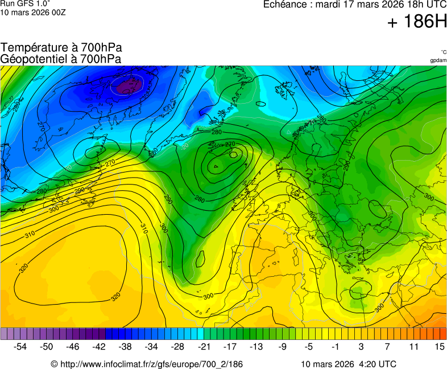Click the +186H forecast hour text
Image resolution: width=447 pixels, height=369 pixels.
click(416, 22)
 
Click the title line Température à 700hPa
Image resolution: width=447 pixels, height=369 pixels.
click(61, 48)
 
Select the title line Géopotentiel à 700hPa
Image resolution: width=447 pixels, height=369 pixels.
click(61, 59)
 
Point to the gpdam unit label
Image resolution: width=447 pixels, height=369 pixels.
click(438, 60)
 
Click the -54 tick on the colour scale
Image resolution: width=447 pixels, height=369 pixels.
click(20, 346)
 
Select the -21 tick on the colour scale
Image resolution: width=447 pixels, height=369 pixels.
click(204, 346)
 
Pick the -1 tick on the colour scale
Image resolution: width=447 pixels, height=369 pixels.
click(335, 346)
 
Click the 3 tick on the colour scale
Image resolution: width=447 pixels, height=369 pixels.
click(361, 346)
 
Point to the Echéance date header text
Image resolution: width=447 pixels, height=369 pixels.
click(355, 5)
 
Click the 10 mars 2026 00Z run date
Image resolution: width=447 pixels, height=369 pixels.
click(33, 13)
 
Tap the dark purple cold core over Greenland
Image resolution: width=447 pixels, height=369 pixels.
click(128, 86)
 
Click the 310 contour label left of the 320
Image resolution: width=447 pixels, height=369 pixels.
click(30, 235)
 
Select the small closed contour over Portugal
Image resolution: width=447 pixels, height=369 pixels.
click(200, 260)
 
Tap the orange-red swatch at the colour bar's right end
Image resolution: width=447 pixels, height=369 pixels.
click(442, 334)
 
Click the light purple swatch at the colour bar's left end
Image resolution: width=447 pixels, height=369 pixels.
click(5, 334)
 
